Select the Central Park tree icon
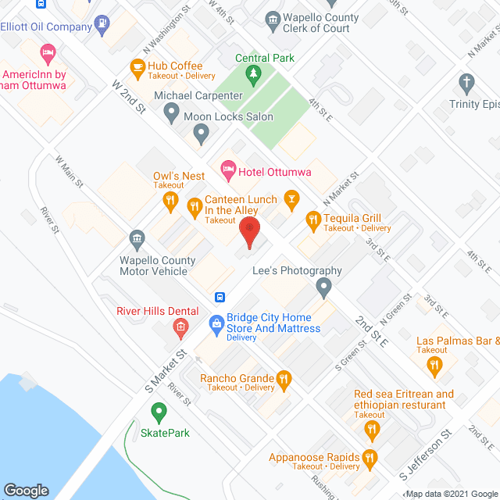coord(252,74)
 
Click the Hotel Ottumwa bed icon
coord(228,167)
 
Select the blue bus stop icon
coord(221,297)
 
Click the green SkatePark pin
coord(159,410)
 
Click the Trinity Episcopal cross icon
coord(466,83)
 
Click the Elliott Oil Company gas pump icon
coord(102,21)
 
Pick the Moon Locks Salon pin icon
coord(201,134)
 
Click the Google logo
coord(25,490)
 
